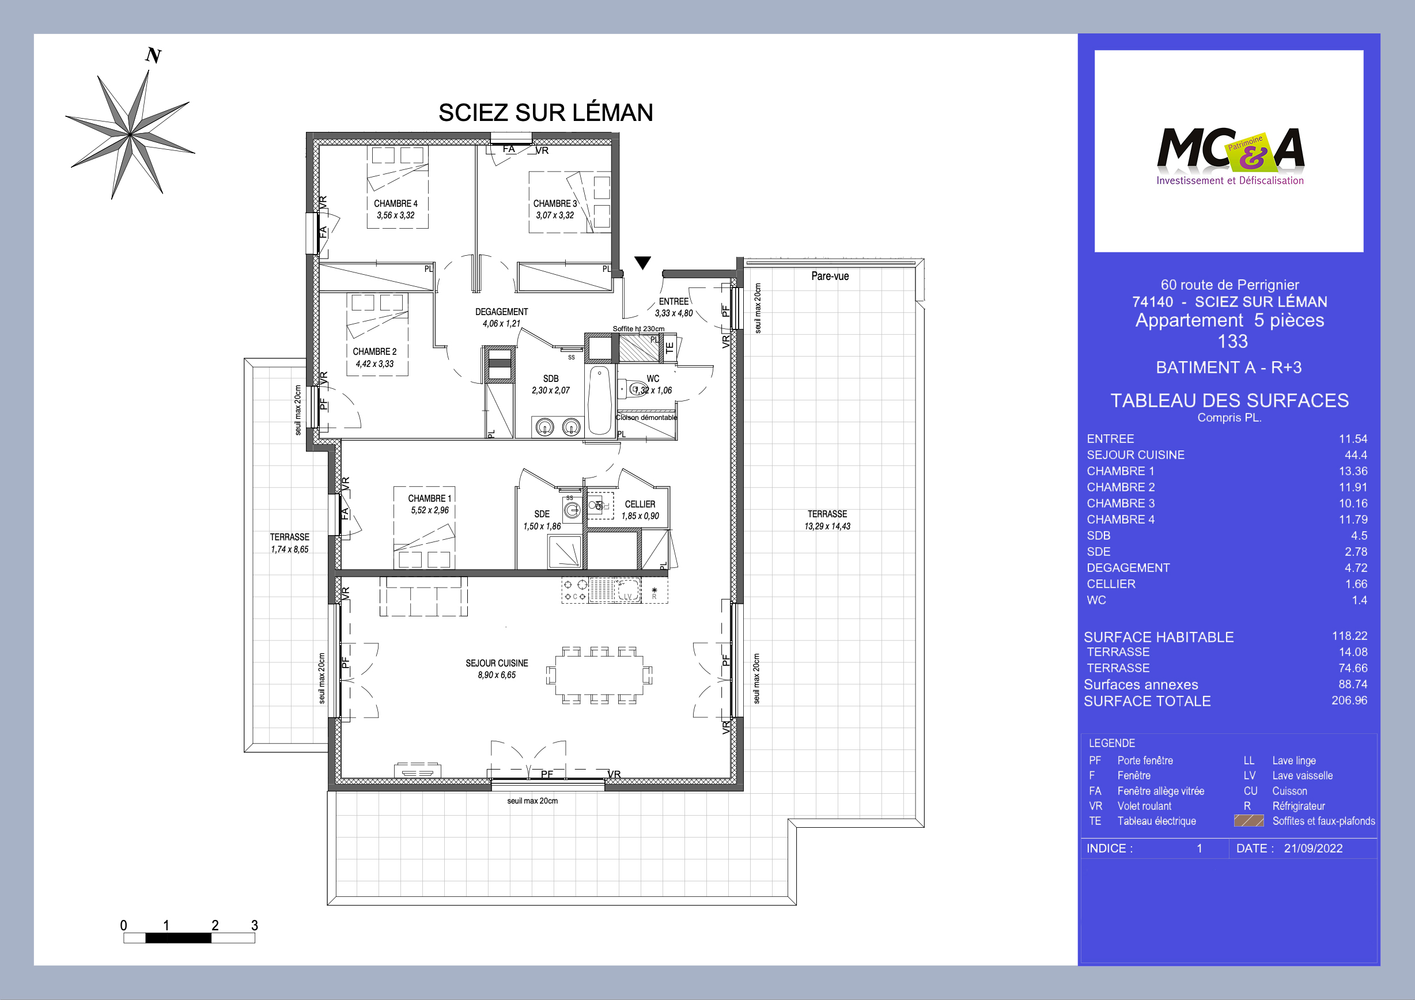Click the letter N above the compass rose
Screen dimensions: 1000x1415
pos(153,56)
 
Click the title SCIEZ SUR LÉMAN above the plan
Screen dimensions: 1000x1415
pos(546,113)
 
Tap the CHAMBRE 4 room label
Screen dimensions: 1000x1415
pos(395,203)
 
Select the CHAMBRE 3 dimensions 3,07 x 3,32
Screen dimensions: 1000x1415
pos(555,215)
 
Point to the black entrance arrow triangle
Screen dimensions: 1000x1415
pos(642,263)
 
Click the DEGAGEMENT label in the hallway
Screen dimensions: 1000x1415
pos(501,312)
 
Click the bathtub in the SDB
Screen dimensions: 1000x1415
pos(599,401)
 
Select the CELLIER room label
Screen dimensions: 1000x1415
pos(640,504)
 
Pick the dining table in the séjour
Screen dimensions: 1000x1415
pos(599,675)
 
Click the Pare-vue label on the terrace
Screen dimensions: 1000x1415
pos(830,276)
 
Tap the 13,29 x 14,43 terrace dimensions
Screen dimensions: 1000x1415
pos(827,526)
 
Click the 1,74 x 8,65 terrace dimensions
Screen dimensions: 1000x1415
pos(289,550)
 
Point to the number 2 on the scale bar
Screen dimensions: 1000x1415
pos(214,925)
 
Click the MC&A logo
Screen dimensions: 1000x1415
pos(1229,154)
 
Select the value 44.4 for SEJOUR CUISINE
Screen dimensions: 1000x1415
pos(1355,454)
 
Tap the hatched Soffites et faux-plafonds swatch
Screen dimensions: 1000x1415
pos(1248,821)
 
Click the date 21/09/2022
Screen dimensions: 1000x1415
pos(1312,849)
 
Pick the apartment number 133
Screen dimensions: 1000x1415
pos(1232,342)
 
